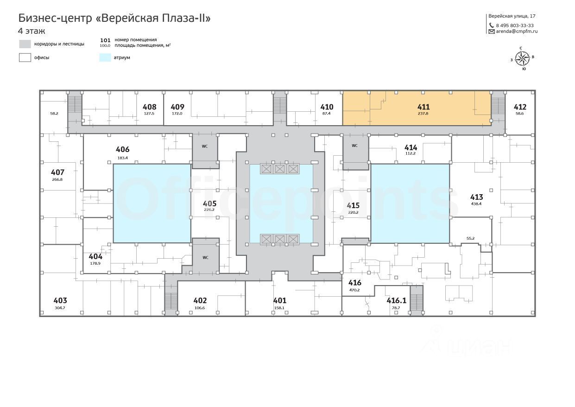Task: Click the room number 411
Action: click(423, 107)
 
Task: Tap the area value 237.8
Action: click(423, 114)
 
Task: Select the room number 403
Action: click(60, 300)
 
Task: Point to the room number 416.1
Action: click(397, 300)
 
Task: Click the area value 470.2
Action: click(354, 290)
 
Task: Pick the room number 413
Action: click(477, 197)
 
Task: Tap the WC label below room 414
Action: click(354, 146)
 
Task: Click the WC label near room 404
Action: click(205, 258)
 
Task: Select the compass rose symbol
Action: click(522, 58)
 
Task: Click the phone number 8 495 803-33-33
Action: click(515, 25)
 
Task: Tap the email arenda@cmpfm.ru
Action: click(517, 32)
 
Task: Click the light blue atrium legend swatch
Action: click(105, 57)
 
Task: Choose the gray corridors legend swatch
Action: click(25, 44)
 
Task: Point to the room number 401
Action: click(279, 300)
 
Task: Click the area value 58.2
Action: click(54, 114)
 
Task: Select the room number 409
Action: click(177, 107)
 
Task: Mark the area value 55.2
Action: click(471, 238)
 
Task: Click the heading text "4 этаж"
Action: click(32, 31)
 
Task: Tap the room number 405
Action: click(209, 203)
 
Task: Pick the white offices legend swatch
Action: click(25, 57)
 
